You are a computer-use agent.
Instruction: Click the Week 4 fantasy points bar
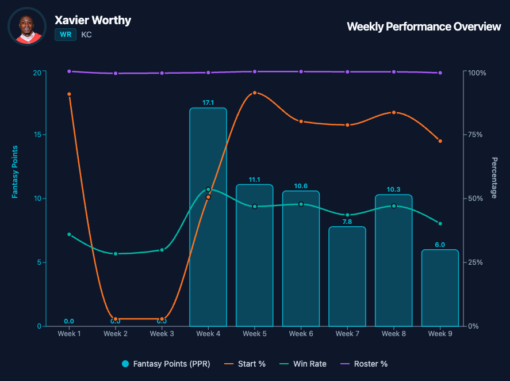point(208,217)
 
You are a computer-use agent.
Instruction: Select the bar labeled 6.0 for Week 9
point(440,288)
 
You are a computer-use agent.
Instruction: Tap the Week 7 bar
point(347,276)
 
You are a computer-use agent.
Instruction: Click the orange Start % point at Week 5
point(255,93)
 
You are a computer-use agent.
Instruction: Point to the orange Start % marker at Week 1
point(69,94)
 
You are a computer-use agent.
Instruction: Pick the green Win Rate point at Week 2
point(116,254)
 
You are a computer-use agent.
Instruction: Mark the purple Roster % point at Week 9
point(440,73)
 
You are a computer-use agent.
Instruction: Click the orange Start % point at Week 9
point(440,141)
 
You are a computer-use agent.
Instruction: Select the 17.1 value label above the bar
point(208,103)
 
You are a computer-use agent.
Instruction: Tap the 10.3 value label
point(393,189)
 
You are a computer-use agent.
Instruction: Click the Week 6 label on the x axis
point(301,334)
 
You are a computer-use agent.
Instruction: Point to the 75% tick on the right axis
point(475,135)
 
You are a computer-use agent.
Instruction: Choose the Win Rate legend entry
point(303,364)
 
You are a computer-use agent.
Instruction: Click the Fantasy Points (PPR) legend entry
point(166,364)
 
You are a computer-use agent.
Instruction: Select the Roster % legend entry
point(363,364)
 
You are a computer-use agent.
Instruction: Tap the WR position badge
point(66,35)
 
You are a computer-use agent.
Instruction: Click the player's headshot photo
point(27,26)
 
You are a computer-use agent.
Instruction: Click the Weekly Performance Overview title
point(424,26)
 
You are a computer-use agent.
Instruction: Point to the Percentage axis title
point(494,178)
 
